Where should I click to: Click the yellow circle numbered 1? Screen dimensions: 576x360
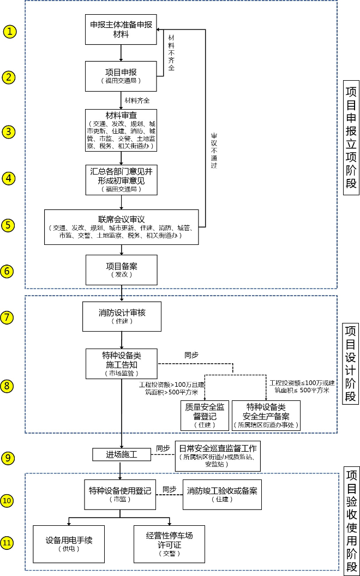10,31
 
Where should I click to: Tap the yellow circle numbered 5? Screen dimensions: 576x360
10,225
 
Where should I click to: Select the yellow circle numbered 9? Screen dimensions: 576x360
10,458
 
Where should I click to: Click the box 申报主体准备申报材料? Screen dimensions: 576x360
121,29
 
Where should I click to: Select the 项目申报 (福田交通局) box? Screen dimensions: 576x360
121,76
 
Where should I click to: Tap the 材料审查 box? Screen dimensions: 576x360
121,130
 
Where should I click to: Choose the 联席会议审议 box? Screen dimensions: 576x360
121,226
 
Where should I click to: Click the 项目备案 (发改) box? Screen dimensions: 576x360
121,270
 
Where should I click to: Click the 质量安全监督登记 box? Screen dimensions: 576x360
205,416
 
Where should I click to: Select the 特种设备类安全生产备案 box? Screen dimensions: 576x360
266,416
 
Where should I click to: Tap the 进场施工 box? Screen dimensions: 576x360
121,454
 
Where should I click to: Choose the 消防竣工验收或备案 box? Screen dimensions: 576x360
221,494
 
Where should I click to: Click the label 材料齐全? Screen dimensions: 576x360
137,100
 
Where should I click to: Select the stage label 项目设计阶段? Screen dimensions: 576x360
350,364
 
